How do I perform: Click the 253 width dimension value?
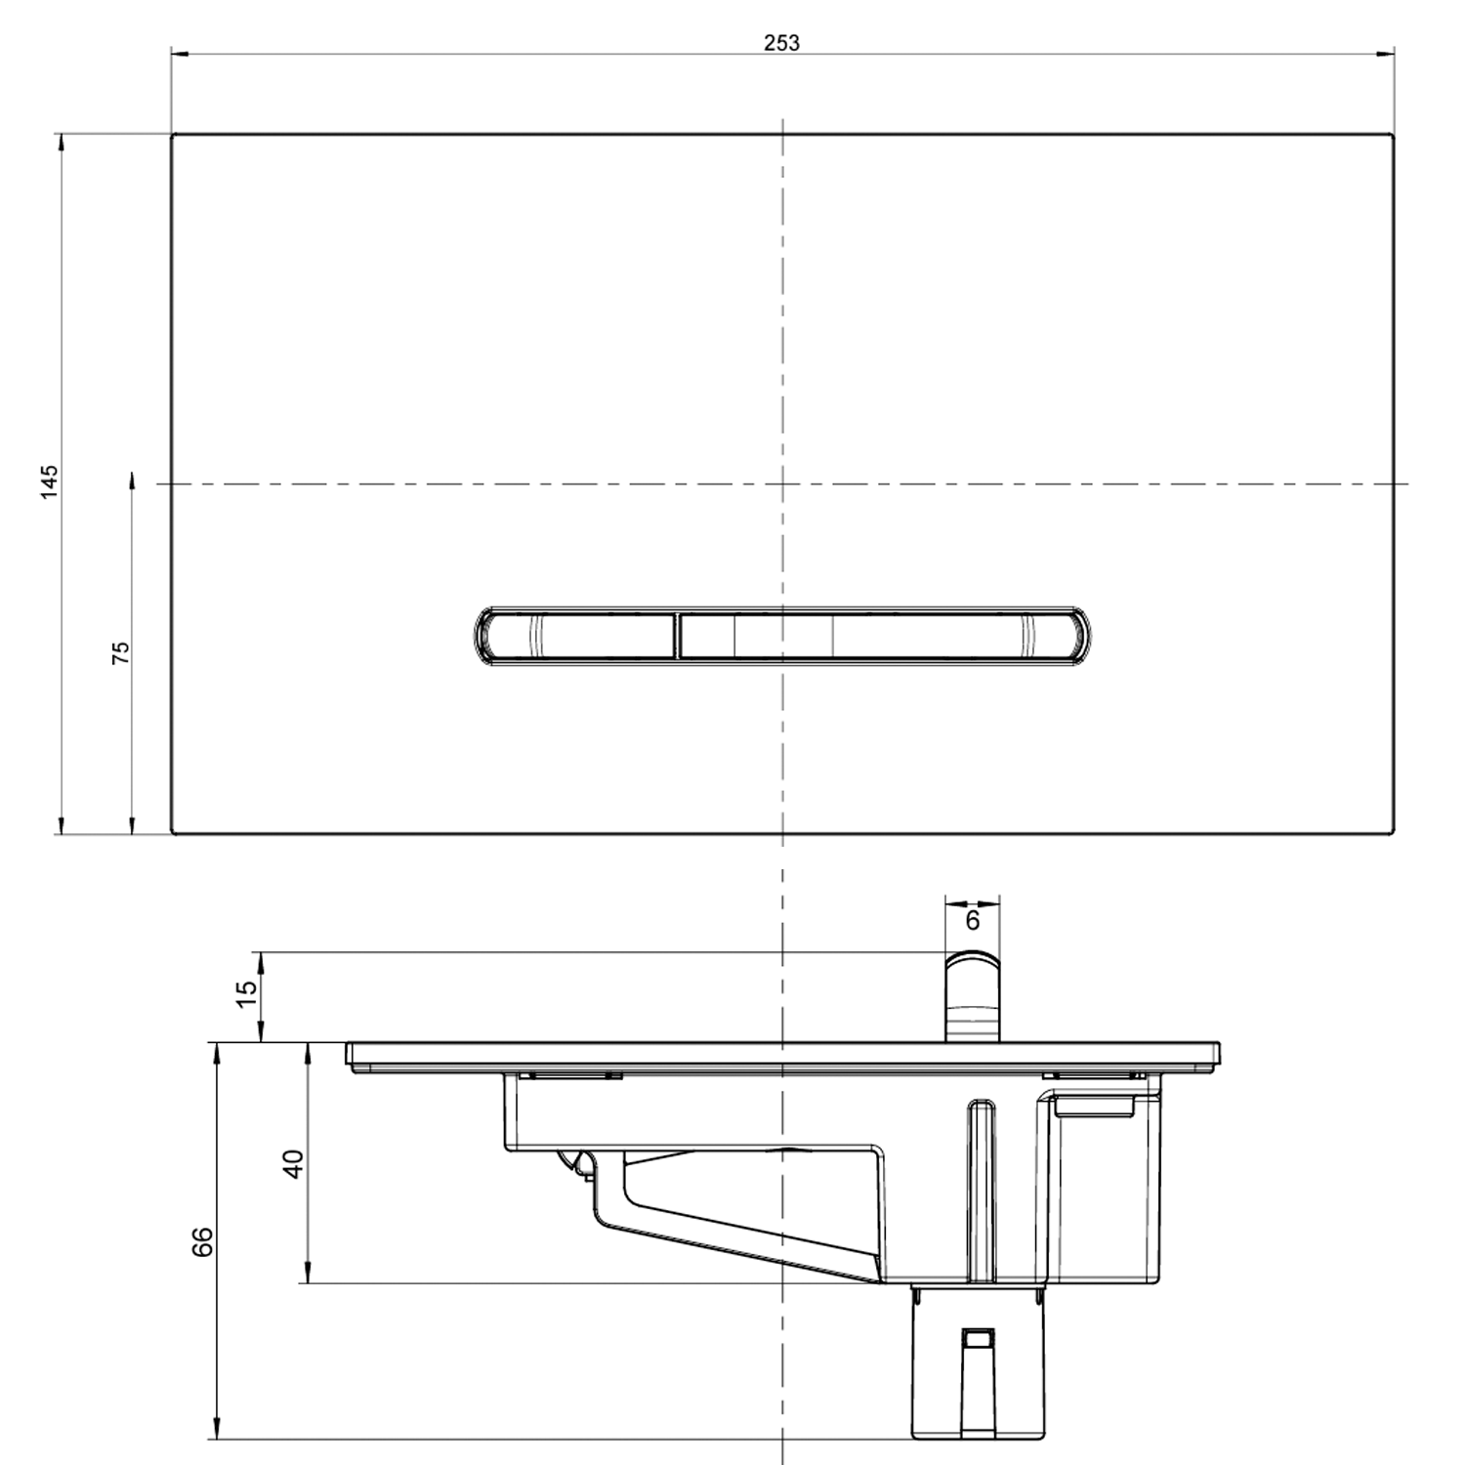(781, 42)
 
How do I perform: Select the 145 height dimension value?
(49, 481)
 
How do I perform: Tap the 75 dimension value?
(120, 652)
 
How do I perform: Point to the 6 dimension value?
(972, 921)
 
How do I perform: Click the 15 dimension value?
(247, 987)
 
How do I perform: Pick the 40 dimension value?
(293, 1163)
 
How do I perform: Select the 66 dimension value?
(201, 1241)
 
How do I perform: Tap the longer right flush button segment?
(879, 636)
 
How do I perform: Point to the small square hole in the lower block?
(977, 1337)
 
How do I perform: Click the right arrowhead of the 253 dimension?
(1386, 55)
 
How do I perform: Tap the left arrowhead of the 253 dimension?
(180, 55)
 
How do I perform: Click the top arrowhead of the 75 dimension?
(132, 479)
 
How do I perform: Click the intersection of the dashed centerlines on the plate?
(782, 483)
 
